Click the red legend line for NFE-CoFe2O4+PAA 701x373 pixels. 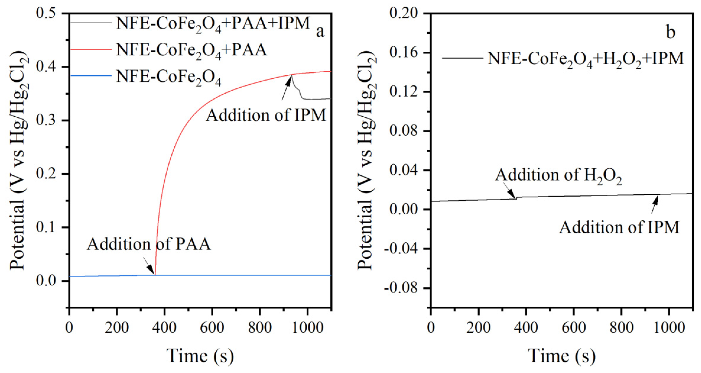pyautogui.click(x=91, y=49)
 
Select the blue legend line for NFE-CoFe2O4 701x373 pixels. pyautogui.click(x=91, y=75)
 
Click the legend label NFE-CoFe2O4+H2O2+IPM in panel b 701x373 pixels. pyautogui.click(x=585, y=59)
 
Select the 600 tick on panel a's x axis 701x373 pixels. pyautogui.click(x=212, y=327)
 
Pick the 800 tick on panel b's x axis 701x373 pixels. pyautogui.click(x=621, y=327)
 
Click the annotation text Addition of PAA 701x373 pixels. pyautogui.click(x=149, y=244)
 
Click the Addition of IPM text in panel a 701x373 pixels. pyautogui.click(x=266, y=115)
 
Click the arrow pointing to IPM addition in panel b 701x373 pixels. pyautogui.click(x=654, y=204)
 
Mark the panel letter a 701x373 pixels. pyautogui.click(x=320, y=32)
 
